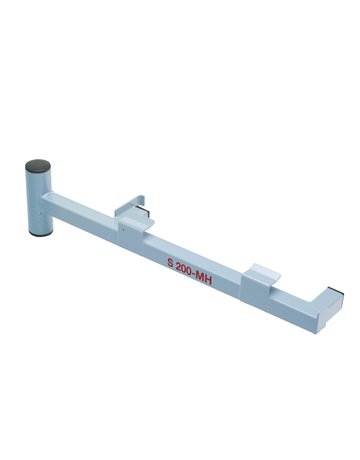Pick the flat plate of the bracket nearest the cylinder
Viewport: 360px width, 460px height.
[141, 212]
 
